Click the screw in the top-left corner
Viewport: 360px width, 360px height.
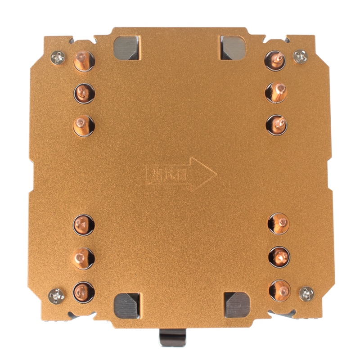pos(58,57)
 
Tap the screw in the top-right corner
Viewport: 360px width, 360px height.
pos(300,56)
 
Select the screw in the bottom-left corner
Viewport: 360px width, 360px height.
pos(57,295)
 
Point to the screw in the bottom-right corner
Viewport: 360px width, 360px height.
pos(306,294)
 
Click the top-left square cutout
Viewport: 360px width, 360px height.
pos(126,47)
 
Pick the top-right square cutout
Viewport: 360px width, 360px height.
pos(234,47)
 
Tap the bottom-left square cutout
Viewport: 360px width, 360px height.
pos(126,305)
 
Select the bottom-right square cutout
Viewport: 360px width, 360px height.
pos(237,304)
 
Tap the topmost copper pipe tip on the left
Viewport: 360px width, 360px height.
pos(83,61)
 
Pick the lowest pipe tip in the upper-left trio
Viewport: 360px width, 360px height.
pos(83,125)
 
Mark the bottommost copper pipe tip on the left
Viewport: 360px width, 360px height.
pos(83,290)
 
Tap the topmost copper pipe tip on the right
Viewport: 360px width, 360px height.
pos(275,60)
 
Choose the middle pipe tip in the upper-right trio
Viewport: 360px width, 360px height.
pos(278,92)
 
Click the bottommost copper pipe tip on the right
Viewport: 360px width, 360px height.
pos(280,289)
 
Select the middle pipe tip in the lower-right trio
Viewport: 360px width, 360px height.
pos(279,257)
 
